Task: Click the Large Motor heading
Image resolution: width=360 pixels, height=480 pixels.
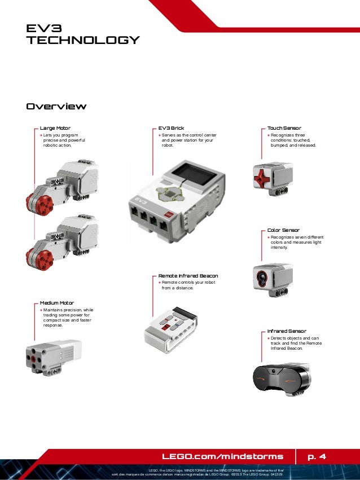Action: click(55, 128)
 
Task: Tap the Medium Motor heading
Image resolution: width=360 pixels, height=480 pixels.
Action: click(57, 303)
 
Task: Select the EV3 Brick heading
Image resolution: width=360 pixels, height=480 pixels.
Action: click(171, 128)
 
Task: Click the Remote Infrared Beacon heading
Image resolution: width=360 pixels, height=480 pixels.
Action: click(188, 276)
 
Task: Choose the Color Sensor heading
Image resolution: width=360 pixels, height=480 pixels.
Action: click(283, 230)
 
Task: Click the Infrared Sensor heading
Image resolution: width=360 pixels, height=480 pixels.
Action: click(287, 331)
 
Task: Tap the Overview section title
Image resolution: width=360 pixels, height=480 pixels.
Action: click(56, 107)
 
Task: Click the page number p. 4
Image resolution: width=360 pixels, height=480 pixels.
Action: click(317, 456)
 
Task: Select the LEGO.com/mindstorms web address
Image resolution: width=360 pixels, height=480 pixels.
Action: click(222, 456)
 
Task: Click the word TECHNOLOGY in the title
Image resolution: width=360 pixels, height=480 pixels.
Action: click(84, 40)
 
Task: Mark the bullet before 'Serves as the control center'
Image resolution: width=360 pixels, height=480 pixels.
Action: click(160, 135)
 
